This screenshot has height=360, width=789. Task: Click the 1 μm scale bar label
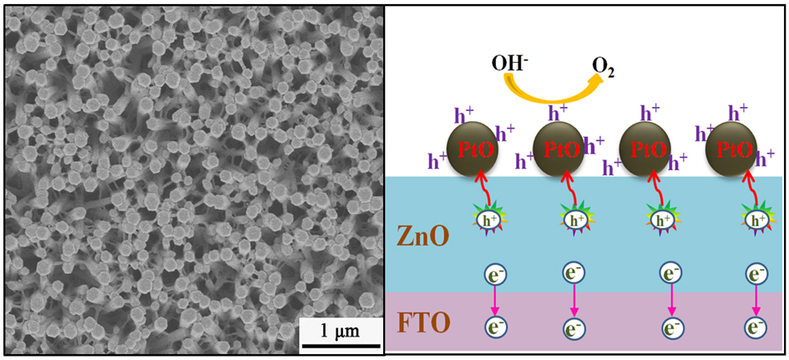pos(332,332)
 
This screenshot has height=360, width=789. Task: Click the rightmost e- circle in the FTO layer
pos(757,325)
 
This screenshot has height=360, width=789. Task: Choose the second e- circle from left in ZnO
pos(573,274)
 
